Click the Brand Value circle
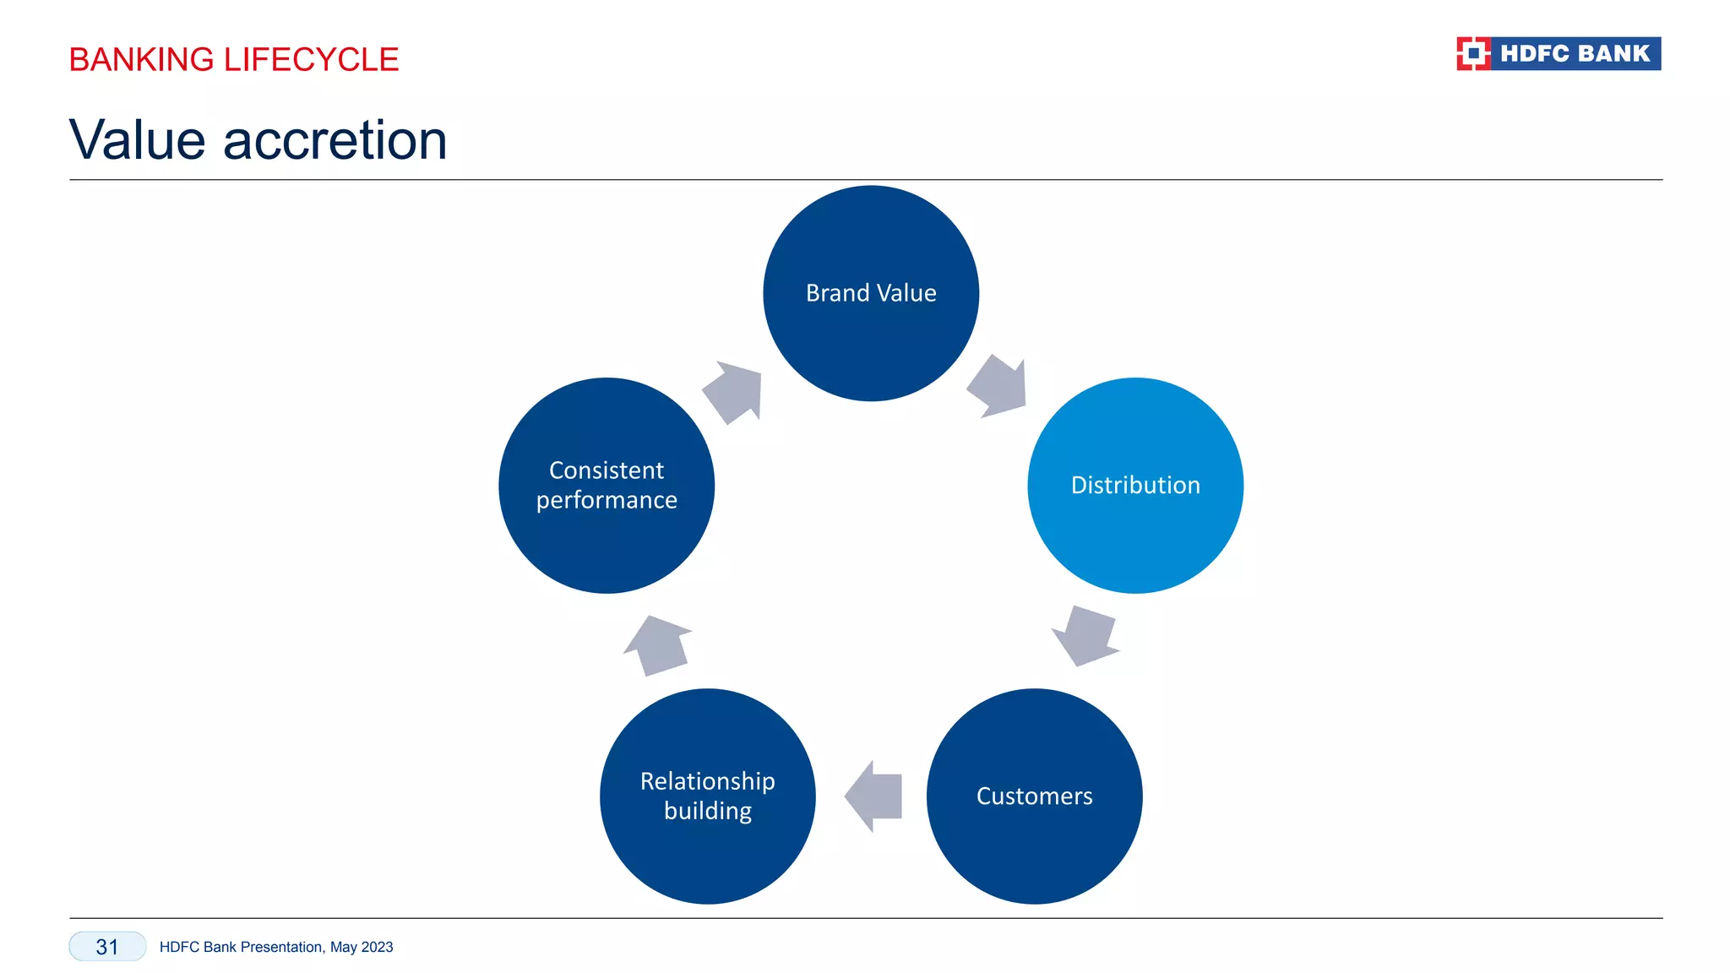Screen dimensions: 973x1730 (871, 293)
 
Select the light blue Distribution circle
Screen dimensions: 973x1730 (1135, 485)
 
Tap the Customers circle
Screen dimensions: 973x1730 (1034, 796)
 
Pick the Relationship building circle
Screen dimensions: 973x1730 (708, 796)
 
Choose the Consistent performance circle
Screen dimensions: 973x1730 (607, 485)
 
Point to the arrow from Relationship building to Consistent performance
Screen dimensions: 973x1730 (657, 645)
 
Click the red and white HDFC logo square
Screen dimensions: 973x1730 (1473, 53)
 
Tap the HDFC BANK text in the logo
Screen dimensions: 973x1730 (1575, 53)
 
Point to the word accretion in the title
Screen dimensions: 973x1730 (335, 140)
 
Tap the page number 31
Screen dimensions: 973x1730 (107, 947)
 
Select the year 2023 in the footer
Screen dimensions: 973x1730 (377, 947)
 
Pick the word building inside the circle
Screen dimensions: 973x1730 (708, 811)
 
